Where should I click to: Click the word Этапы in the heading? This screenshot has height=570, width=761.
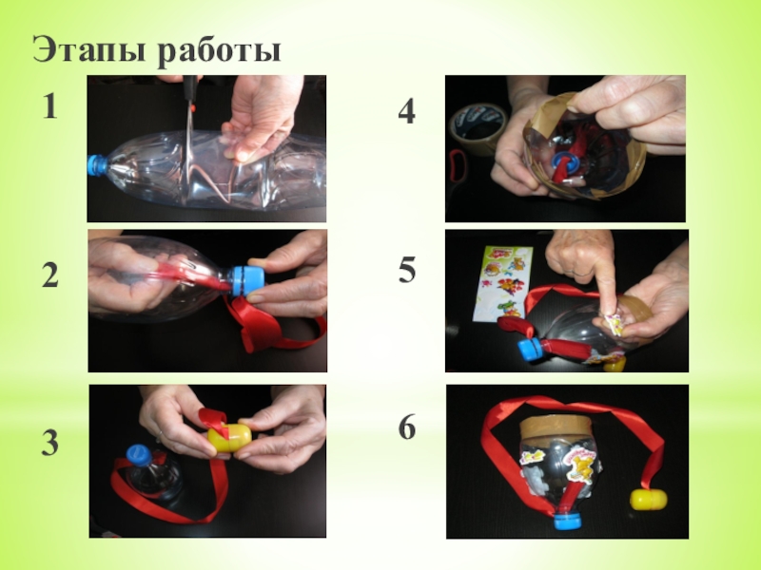coord(88,49)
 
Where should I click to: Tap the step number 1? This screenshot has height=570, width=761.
coord(50,106)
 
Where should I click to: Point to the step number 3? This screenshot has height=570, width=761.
coord(50,443)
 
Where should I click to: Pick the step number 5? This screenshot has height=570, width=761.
coord(407,270)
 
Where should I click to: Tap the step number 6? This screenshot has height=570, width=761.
coord(407,427)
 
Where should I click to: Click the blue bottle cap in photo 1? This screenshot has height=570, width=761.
coord(98,164)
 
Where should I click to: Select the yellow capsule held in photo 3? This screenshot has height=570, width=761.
coord(229,438)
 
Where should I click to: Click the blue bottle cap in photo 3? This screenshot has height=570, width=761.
coord(140,455)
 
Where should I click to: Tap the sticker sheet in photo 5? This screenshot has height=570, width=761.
coord(502,282)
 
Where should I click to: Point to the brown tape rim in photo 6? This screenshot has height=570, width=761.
coord(554,427)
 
